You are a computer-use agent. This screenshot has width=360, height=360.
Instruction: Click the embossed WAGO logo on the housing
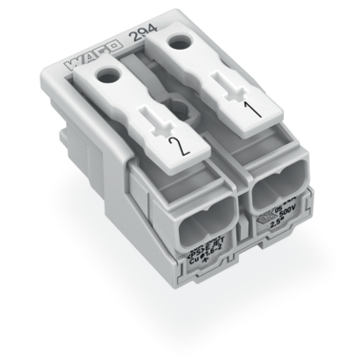[93, 56]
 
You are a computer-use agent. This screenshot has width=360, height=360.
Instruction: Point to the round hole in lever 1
[179, 44]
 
